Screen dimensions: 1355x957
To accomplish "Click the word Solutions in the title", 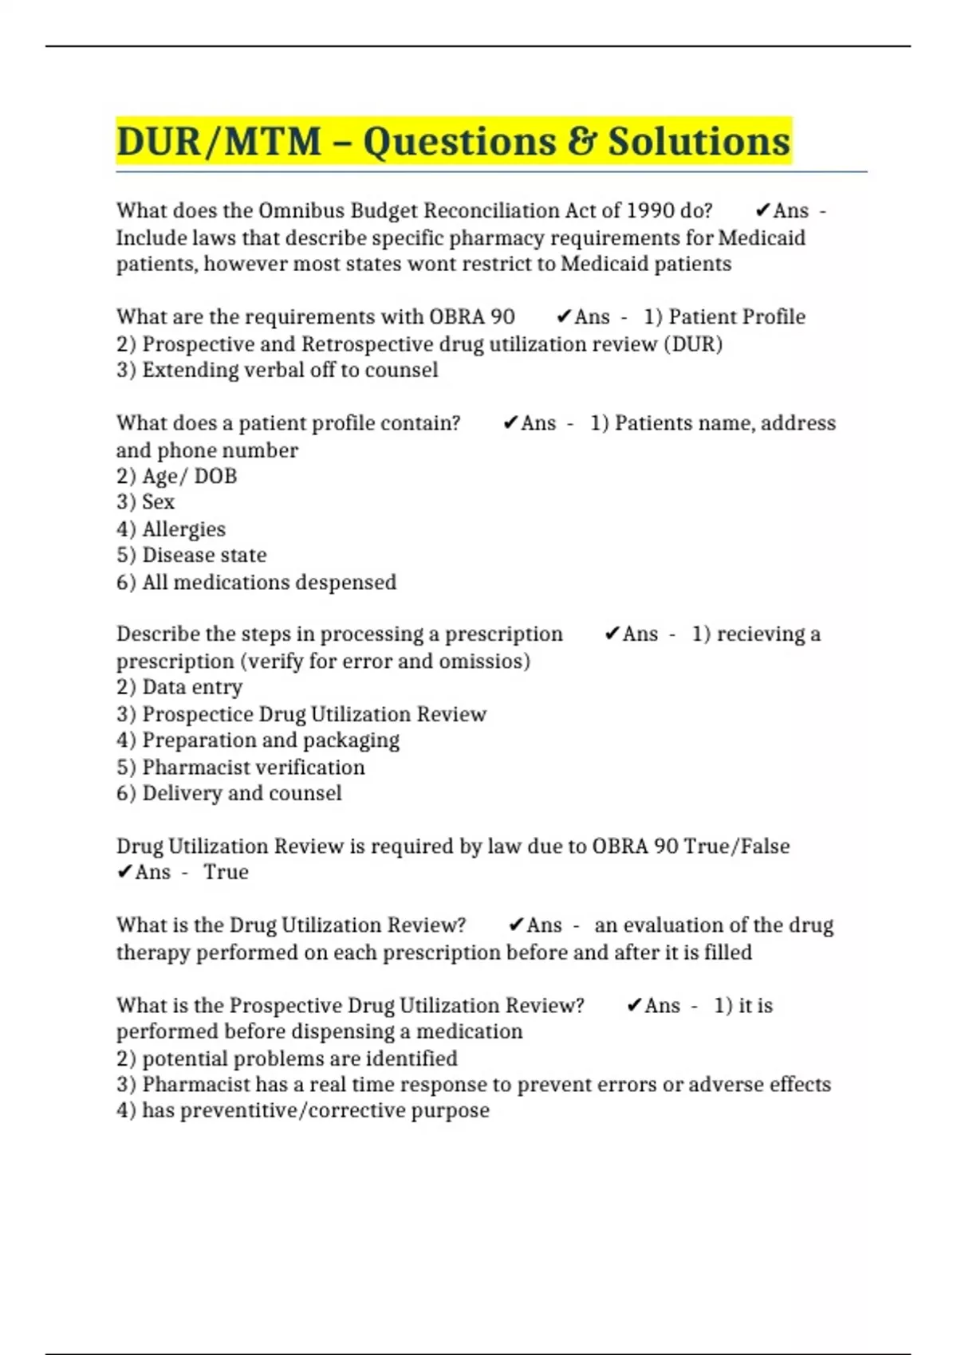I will pos(699,142).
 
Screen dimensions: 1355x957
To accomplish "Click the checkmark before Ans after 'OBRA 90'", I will pos(563,317).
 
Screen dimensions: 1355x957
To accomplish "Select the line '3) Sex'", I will pos(146,502).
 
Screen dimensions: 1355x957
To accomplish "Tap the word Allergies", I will pos(183,529).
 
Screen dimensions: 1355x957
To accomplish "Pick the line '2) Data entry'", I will pos(179,687).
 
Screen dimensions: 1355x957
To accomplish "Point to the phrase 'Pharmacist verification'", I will pos(253,768).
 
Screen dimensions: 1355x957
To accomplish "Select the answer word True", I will pos(226,872).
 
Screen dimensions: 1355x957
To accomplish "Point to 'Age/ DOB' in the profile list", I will pos(189,477).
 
